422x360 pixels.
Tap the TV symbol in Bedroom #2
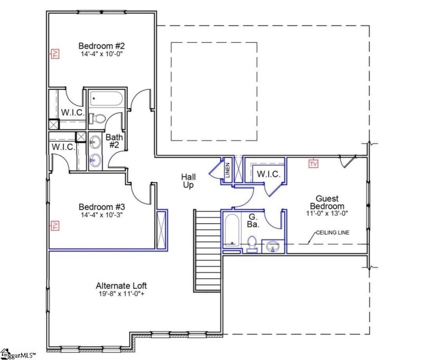coord(54,53)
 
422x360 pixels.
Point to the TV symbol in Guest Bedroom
coord(314,164)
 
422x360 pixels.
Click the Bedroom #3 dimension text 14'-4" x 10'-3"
coord(100,215)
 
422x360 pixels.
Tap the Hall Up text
coord(188,181)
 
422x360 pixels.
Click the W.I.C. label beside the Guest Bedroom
coord(265,174)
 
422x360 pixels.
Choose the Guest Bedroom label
coord(327,202)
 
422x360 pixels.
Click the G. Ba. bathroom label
coord(253,220)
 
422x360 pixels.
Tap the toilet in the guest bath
coord(252,244)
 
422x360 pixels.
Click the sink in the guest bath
coord(273,246)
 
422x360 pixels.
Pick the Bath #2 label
coord(114,141)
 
